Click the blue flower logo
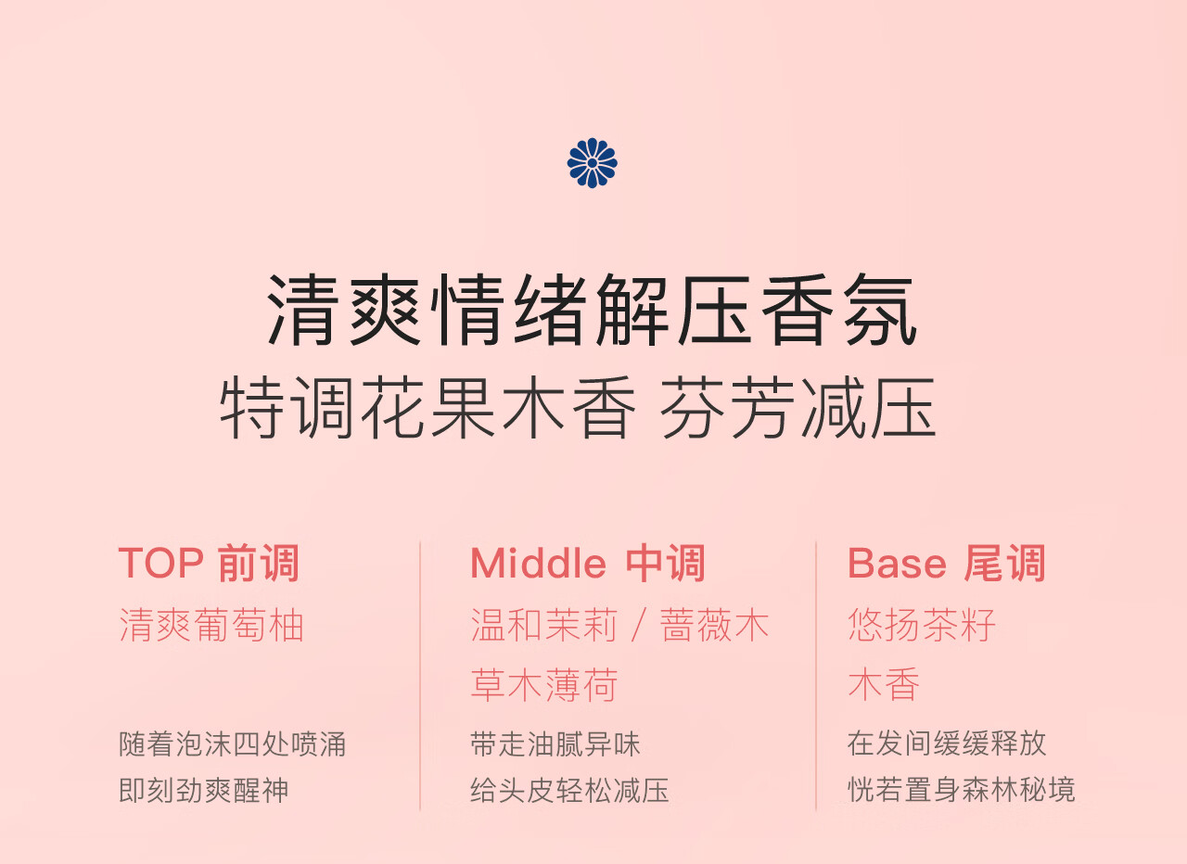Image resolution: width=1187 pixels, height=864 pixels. pos(592,162)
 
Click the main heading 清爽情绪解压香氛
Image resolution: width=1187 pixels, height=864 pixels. pos(592,311)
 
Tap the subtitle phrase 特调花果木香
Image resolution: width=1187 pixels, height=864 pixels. pos(428,407)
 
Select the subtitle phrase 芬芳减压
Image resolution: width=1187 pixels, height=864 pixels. pos(798,407)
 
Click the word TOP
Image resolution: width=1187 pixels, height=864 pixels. pos(161,563)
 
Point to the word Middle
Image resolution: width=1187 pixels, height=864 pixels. pos(538,563)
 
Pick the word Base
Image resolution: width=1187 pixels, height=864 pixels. pos(897,563)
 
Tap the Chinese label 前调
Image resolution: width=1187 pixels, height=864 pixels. pos(259,563)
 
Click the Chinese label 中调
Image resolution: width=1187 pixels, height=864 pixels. pos(666,563)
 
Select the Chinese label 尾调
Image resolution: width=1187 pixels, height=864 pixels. pos(1004,563)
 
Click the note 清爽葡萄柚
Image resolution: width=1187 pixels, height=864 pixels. pos(211,625)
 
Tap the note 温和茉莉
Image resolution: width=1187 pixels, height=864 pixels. pos(544,625)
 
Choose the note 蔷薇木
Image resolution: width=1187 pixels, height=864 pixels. pos(714,625)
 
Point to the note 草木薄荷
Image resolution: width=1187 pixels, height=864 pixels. pos(544,685)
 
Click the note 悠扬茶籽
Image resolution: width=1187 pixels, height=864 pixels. pos(922,625)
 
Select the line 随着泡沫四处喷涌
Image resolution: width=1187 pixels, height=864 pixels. pos(233,744)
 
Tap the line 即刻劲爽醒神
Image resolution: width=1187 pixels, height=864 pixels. pos(204,791)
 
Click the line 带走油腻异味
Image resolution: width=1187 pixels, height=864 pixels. pos(555,744)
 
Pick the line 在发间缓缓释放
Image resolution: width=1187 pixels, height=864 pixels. pos(947,743)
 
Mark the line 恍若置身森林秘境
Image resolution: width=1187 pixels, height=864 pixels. pos(962,789)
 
